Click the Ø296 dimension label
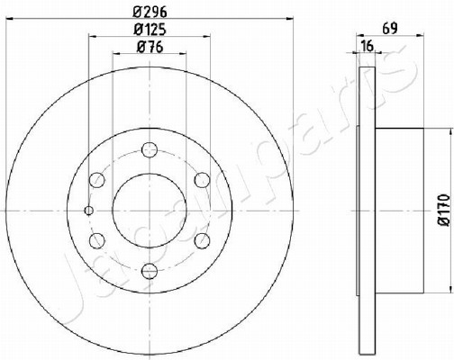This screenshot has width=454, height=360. pos(150,12)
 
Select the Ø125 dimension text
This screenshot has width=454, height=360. pos(150,30)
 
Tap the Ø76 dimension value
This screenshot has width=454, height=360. pos(150,47)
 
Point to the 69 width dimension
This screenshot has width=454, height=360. pos(390,29)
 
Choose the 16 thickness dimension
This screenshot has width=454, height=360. pos(368,46)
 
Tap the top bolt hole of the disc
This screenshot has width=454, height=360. pos(150,149)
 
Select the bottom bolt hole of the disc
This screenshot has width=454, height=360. pos(150,271)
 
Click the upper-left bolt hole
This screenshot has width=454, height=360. pos(97,180)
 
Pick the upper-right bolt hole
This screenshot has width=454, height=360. pos(202,180)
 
